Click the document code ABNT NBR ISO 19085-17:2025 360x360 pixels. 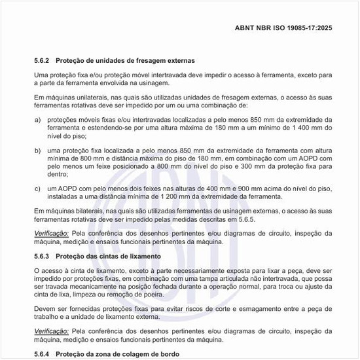pos(283,28)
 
